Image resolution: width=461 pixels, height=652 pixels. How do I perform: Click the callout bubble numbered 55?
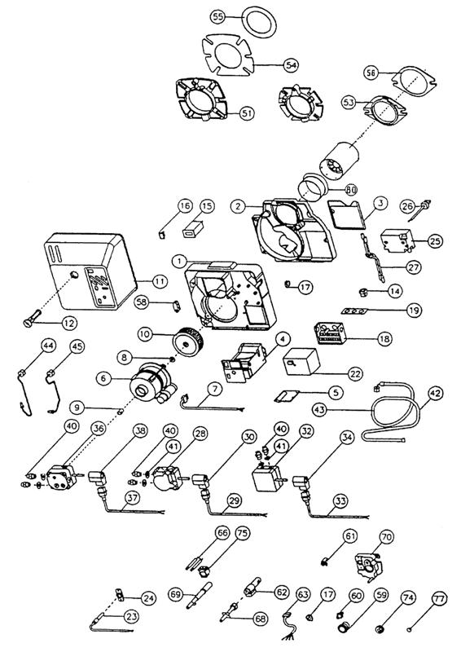coord(217,16)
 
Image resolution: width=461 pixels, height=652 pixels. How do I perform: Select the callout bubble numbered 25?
coord(434,241)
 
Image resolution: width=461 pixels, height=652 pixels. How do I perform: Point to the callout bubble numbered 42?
coord(435,392)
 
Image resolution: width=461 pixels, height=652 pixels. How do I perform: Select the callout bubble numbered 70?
coord(386,538)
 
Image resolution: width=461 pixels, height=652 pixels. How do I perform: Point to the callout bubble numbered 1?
coord(175,259)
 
